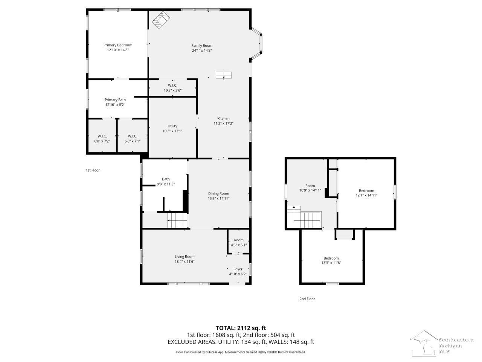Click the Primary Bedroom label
(x=118, y=45)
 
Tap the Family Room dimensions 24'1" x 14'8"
(x=202, y=50)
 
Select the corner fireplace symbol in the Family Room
(x=161, y=20)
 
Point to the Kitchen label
(x=223, y=118)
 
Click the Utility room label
(x=172, y=126)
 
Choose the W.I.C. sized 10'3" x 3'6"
(x=172, y=88)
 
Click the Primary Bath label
(x=115, y=100)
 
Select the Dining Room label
(x=218, y=193)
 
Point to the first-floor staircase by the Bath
(x=177, y=220)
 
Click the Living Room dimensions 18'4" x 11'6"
(x=185, y=261)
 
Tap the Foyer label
(x=238, y=269)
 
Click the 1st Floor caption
(x=93, y=170)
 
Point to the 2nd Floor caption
(x=307, y=299)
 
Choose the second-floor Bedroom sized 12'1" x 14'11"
(x=366, y=193)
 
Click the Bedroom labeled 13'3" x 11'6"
(x=331, y=260)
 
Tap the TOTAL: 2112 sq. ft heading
(x=241, y=328)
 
